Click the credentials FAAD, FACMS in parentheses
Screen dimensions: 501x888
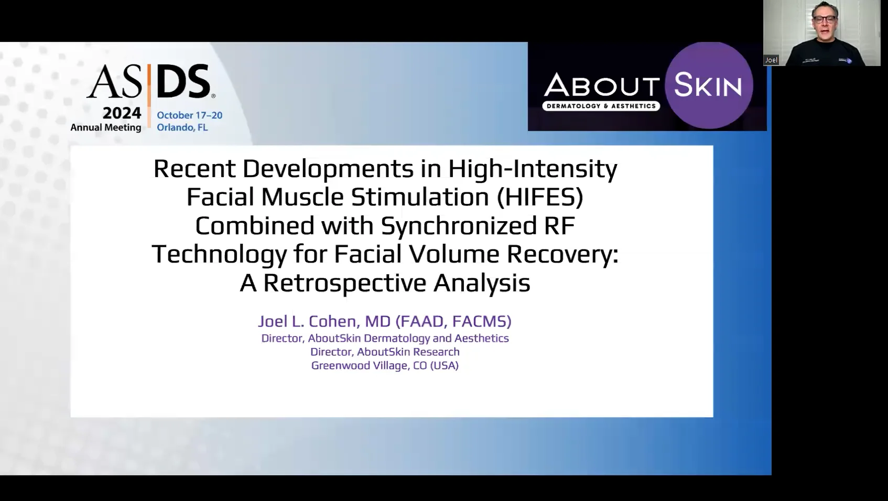pos(453,321)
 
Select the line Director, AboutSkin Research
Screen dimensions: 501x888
pos(385,352)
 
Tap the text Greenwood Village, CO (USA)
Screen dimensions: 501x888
pos(385,365)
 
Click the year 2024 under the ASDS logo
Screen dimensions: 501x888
pos(122,113)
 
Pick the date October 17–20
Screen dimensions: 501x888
pos(189,115)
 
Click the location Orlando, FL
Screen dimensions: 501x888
pos(182,127)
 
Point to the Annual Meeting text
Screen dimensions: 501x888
pos(106,127)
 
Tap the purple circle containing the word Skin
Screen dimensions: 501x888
pos(709,85)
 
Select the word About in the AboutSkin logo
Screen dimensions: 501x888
pos(601,86)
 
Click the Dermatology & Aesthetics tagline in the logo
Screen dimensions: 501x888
pos(601,106)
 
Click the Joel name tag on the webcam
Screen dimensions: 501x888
pos(771,60)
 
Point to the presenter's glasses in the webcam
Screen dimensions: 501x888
pos(825,19)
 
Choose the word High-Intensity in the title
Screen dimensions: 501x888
pos(533,169)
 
